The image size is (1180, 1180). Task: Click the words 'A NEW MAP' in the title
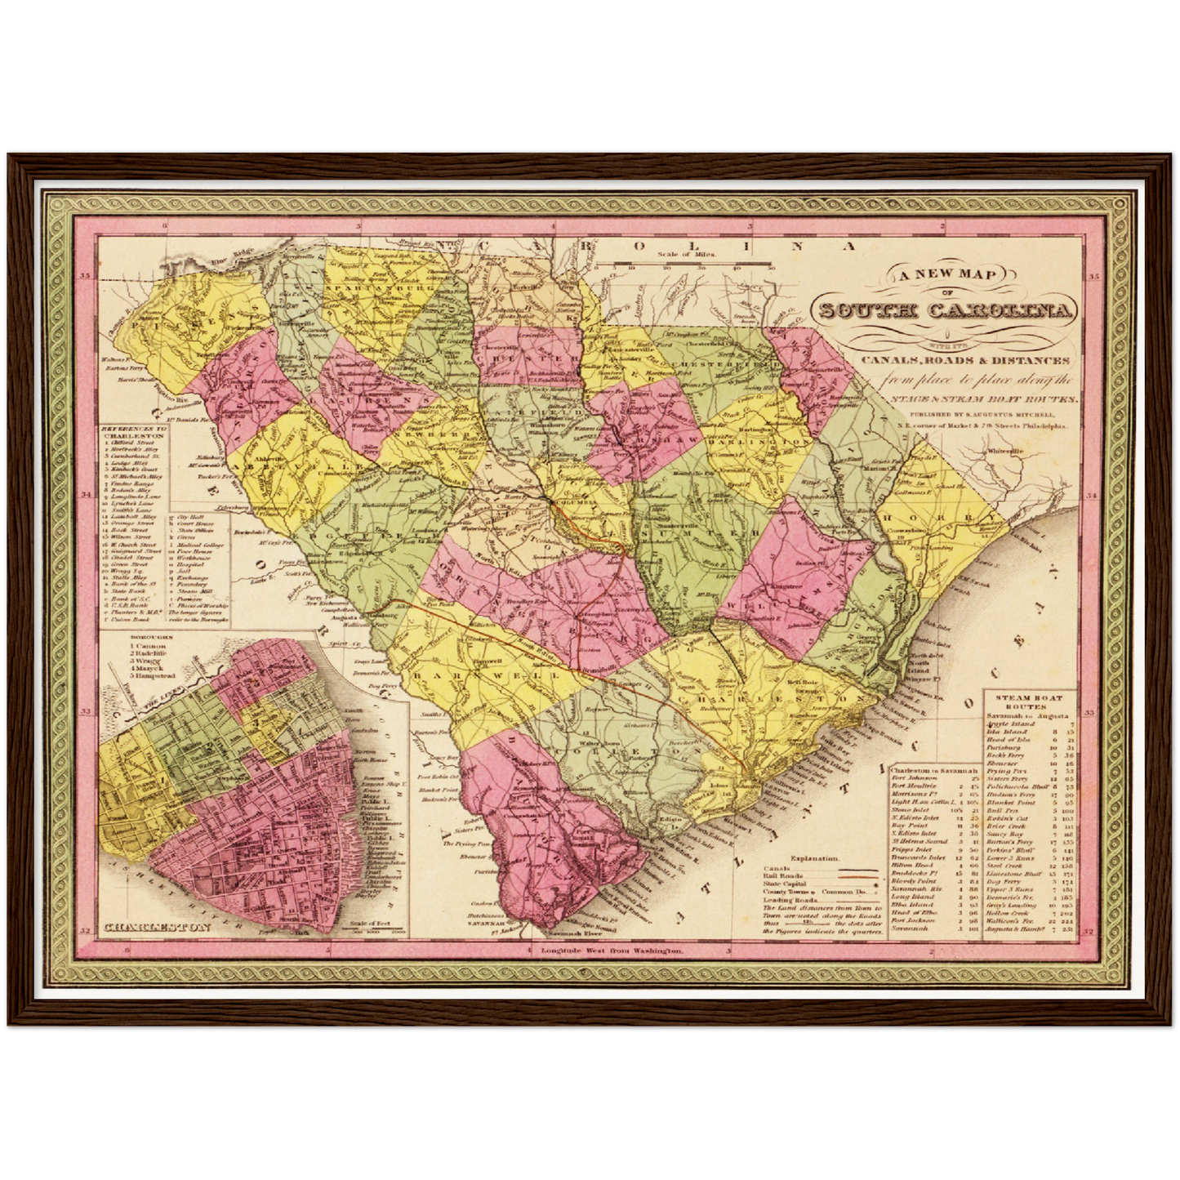(948, 274)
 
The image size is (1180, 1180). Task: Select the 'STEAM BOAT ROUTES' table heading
(1026, 702)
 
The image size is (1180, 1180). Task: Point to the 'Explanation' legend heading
(814, 858)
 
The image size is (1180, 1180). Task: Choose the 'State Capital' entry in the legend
(783, 884)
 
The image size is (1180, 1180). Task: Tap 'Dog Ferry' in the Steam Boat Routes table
(1003, 882)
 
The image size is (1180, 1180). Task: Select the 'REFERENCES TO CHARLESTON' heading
(134, 432)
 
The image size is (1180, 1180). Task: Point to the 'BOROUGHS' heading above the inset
(149, 637)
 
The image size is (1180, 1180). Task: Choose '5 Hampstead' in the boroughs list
(153, 676)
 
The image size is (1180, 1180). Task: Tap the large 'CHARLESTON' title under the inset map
(158, 928)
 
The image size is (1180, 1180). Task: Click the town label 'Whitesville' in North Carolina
(1004, 451)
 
